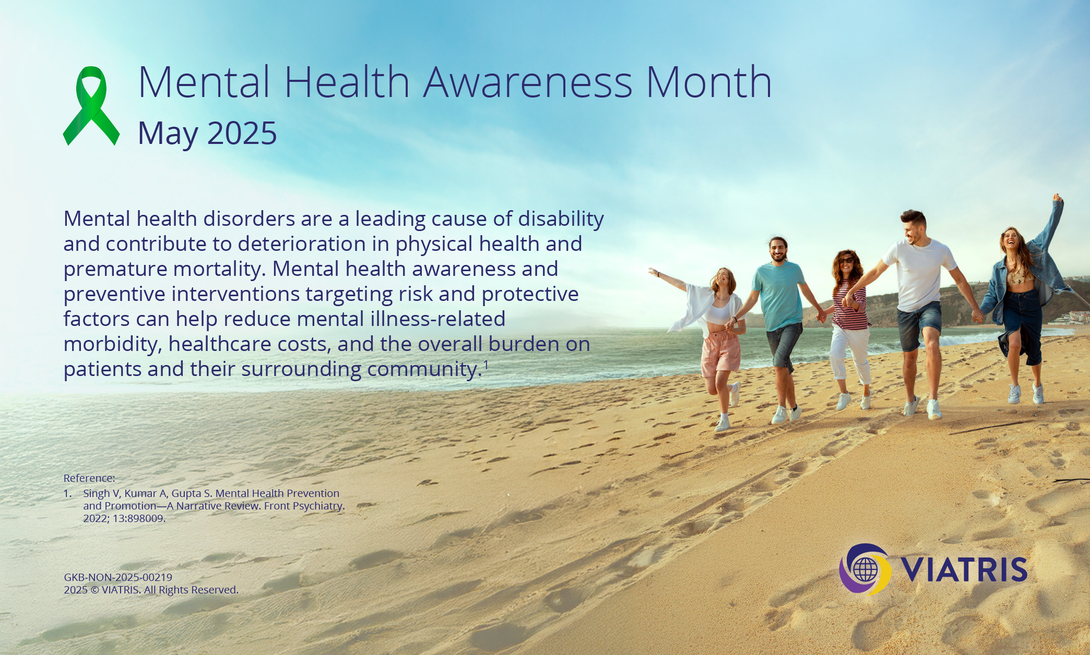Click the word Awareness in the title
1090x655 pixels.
pyautogui.click(x=528, y=82)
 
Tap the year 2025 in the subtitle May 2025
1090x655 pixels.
pyautogui.click(x=242, y=133)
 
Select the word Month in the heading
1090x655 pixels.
pyautogui.click(x=709, y=82)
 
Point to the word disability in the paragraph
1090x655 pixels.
pyautogui.click(x=561, y=219)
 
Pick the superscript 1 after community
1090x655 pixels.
pyautogui.click(x=486, y=365)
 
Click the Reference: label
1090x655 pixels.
pyautogui.click(x=89, y=478)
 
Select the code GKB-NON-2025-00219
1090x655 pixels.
pyautogui.click(x=118, y=577)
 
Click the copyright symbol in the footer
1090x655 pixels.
pyautogui.click(x=94, y=590)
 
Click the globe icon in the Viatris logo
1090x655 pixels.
pyautogui.click(x=865, y=570)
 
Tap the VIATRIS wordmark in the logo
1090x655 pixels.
pyautogui.click(x=964, y=569)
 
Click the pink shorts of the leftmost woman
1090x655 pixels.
pyautogui.click(x=720, y=353)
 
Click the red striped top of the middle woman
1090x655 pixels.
pyautogui.click(x=850, y=306)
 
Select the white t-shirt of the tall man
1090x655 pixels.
pyautogui.click(x=920, y=274)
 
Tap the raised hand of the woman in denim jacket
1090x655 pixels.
pyautogui.click(x=1058, y=198)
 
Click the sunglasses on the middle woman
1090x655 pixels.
pyautogui.click(x=845, y=260)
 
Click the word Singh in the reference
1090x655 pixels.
pyautogui.click(x=97, y=493)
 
